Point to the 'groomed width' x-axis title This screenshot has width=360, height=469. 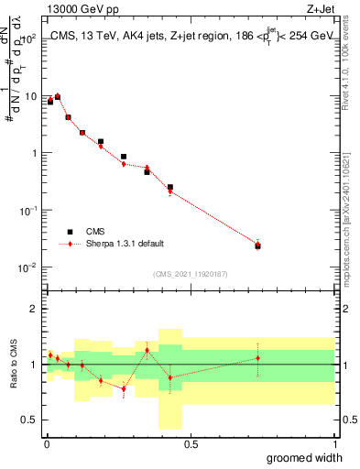pos(304,457)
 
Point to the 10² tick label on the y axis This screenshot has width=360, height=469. pos(29,38)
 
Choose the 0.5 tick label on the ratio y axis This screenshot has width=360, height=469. pos(29,420)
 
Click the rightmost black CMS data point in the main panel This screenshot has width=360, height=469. pos(257,245)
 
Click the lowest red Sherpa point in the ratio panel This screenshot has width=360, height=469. pos(124,388)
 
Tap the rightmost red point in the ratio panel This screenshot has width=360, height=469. pos(257,358)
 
